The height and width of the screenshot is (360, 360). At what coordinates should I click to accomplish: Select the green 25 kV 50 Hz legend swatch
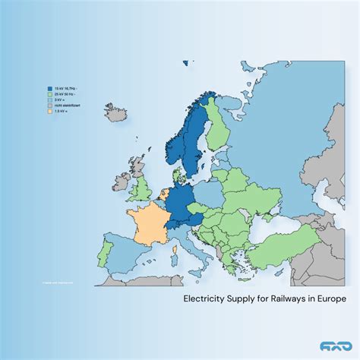[49, 93]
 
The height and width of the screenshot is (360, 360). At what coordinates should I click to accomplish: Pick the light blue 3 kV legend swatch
[49, 99]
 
